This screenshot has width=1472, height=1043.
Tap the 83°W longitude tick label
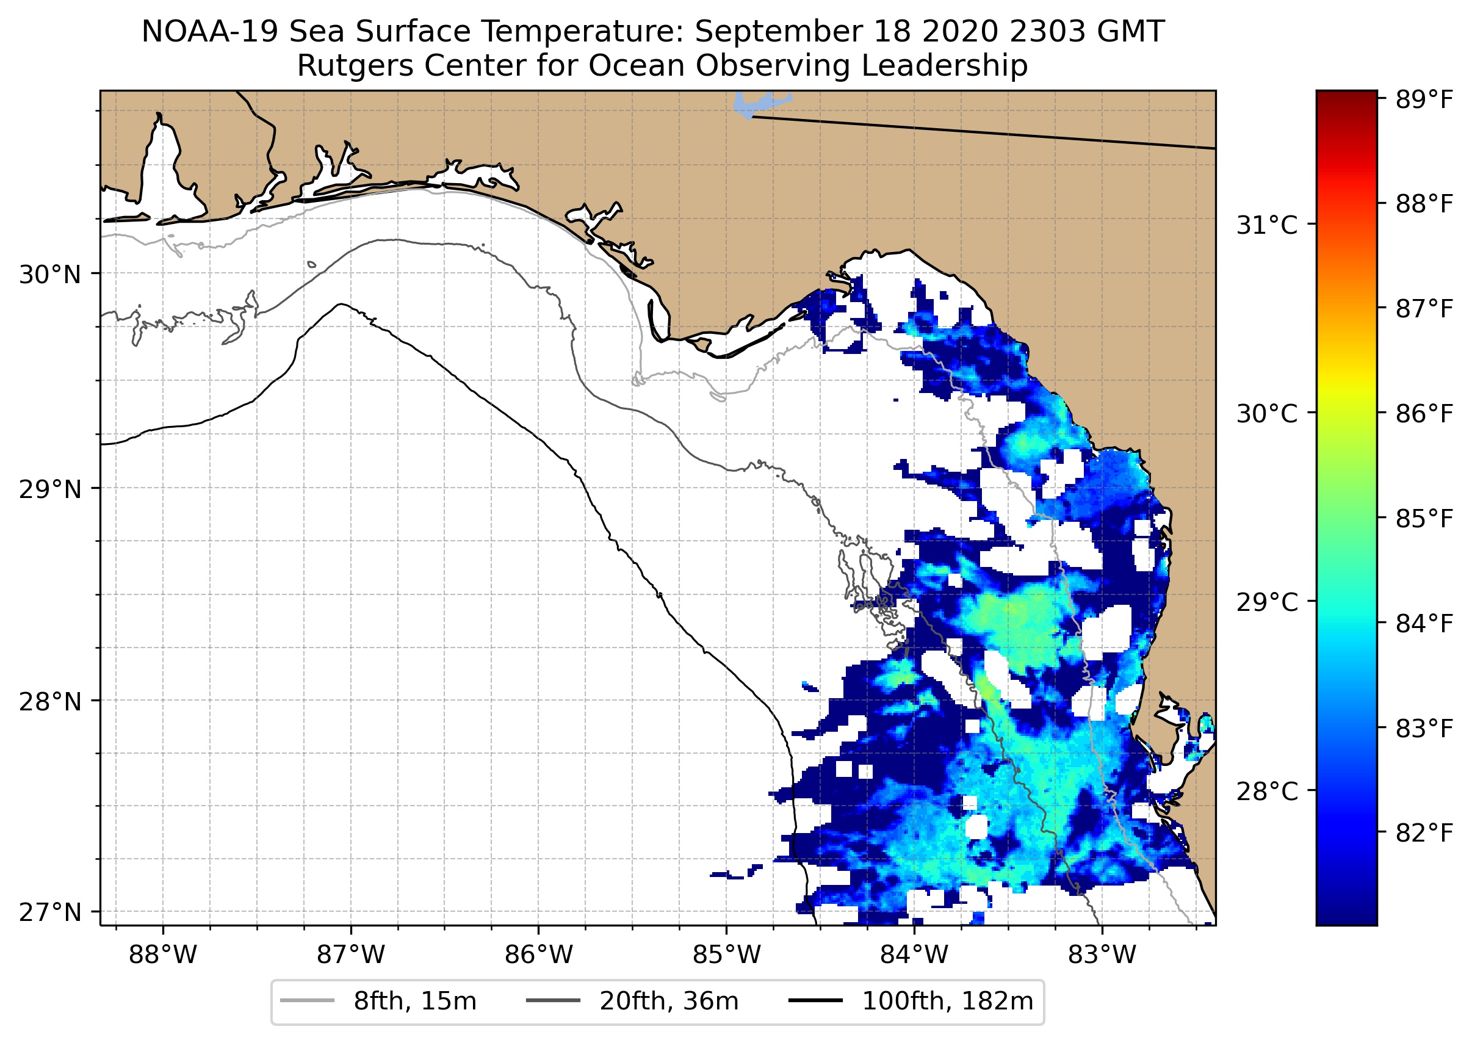pos(1102,955)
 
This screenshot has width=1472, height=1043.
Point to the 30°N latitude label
pos(50,275)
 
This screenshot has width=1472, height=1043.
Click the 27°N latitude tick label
pos(50,912)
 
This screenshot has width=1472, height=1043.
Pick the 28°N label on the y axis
pos(50,702)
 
